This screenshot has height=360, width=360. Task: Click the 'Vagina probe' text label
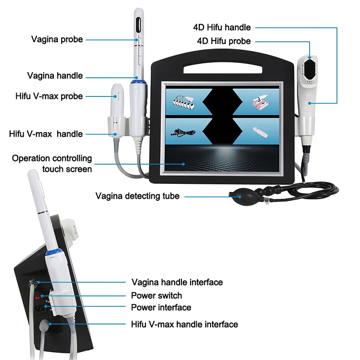(57, 39)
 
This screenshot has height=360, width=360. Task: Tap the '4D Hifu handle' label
(222, 27)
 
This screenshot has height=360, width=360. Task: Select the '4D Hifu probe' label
(224, 41)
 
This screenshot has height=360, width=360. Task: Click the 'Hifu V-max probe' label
(49, 96)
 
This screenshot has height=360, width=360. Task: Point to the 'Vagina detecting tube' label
(137, 196)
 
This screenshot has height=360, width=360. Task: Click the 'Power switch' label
(156, 296)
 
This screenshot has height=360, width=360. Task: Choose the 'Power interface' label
(161, 307)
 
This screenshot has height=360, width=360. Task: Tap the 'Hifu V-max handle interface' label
(184, 324)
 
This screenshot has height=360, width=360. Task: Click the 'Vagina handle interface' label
(177, 282)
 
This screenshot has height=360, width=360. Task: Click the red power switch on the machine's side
(37, 298)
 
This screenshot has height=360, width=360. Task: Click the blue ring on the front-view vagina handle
(138, 82)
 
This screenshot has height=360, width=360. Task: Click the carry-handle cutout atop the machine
(223, 68)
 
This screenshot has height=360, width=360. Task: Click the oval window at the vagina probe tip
(138, 25)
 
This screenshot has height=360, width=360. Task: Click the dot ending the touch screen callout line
(183, 164)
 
